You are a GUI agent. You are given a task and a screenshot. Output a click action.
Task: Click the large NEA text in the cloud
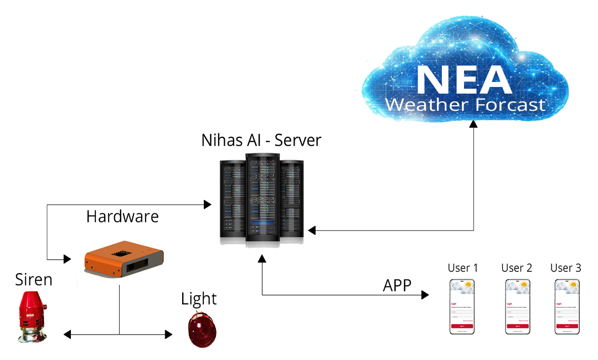point(464,80)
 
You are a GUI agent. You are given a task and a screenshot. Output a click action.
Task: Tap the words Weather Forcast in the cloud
point(465,105)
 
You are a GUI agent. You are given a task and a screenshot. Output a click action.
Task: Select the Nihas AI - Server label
point(261,140)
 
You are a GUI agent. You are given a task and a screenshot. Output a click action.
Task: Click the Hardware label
point(122,216)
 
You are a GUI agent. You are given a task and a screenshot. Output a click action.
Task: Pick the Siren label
point(34,280)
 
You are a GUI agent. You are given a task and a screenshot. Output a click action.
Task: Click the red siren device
point(32,317)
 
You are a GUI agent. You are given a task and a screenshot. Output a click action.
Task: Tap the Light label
point(199,299)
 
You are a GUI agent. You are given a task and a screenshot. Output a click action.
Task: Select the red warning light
point(202,329)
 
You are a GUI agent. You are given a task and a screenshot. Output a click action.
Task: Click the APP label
point(397,285)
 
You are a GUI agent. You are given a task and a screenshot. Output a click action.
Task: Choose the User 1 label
point(462,268)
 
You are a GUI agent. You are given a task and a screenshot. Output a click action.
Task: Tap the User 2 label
point(517,268)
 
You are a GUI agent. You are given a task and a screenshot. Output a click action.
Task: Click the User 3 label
point(566,268)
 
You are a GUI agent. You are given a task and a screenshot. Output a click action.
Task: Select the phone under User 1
point(462,306)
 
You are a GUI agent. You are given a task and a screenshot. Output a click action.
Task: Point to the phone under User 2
point(518,306)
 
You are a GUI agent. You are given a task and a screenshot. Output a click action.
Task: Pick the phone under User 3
point(567,306)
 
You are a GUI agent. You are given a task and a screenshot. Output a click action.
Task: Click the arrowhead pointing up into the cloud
point(473,125)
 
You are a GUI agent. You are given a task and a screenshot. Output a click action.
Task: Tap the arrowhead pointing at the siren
point(67,334)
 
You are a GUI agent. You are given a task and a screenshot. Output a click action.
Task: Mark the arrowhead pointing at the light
point(169,334)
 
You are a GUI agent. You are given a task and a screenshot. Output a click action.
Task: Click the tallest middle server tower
point(262,199)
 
